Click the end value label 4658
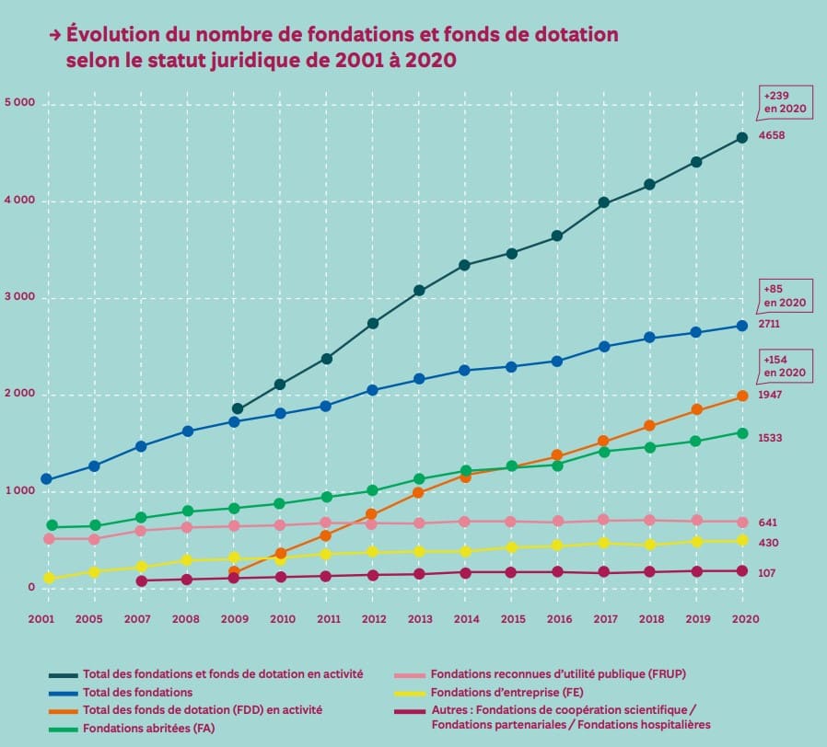tap(771, 136)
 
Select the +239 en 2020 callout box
tap(785, 102)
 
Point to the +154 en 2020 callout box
tap(785, 366)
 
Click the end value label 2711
tap(771, 325)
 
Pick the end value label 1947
tap(771, 395)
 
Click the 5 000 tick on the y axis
tap(19, 103)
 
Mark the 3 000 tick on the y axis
tap(19, 297)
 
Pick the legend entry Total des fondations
tap(137, 691)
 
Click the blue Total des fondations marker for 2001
tap(47, 479)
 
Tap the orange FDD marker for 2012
tap(372, 514)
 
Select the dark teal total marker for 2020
tap(741, 138)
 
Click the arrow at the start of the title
tap(54, 36)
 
